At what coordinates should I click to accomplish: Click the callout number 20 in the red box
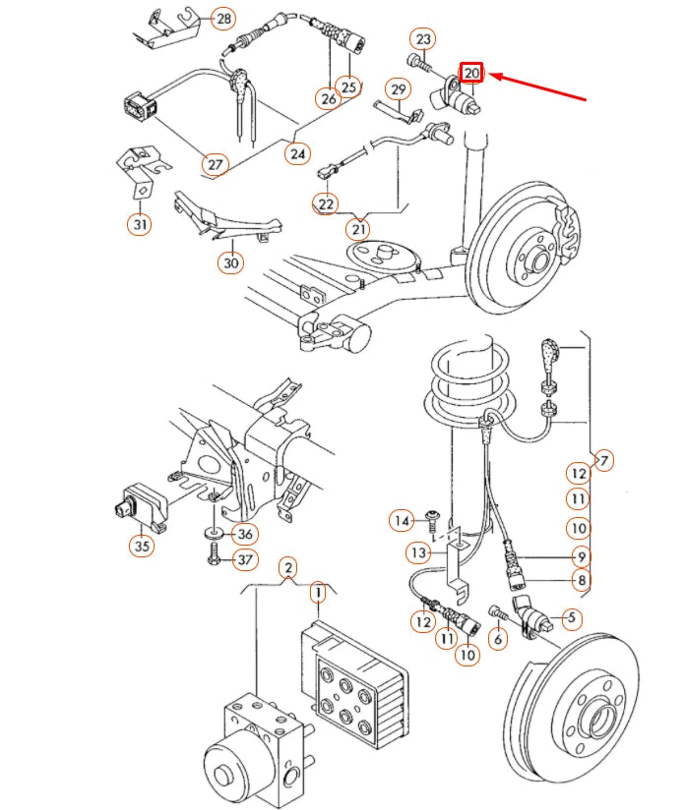(472, 73)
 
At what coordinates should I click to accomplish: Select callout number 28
(224, 19)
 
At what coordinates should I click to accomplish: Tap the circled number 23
(423, 39)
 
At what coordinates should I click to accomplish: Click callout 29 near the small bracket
(398, 90)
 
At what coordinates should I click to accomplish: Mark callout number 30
(231, 262)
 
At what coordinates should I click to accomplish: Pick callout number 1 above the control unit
(318, 593)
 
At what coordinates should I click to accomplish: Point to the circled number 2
(287, 567)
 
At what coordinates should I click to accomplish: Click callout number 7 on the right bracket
(604, 459)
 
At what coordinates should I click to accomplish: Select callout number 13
(419, 553)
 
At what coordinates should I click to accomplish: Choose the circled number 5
(572, 618)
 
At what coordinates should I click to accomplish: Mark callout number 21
(359, 229)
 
